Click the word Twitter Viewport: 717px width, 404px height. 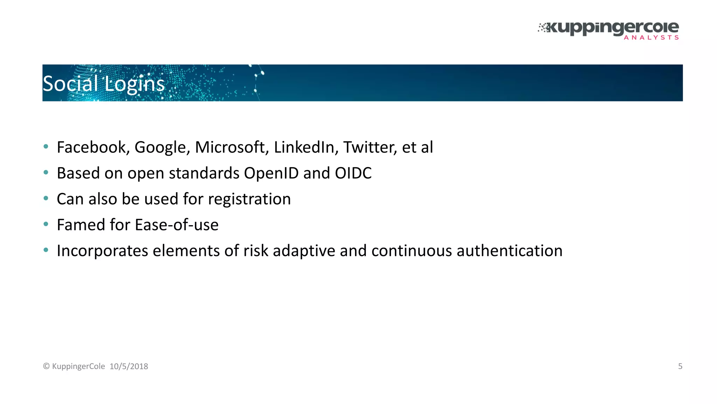[x=370, y=147]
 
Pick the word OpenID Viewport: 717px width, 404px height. [x=271, y=174]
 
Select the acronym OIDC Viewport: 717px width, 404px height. [x=353, y=173]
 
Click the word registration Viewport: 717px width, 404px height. [x=249, y=200]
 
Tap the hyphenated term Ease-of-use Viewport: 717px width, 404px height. [x=176, y=225]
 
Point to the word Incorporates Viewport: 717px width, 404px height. [x=102, y=251]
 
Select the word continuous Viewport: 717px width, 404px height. [x=411, y=251]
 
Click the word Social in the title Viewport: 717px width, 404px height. [x=70, y=84]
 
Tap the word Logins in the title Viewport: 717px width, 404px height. [x=134, y=85]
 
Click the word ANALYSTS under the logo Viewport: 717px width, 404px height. [x=651, y=38]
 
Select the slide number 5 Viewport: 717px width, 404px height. [x=680, y=366]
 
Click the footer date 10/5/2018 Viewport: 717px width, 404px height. [x=129, y=366]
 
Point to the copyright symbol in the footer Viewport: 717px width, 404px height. [x=46, y=366]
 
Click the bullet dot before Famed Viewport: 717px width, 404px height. [x=46, y=224]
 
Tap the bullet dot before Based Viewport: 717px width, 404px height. [x=46, y=173]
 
